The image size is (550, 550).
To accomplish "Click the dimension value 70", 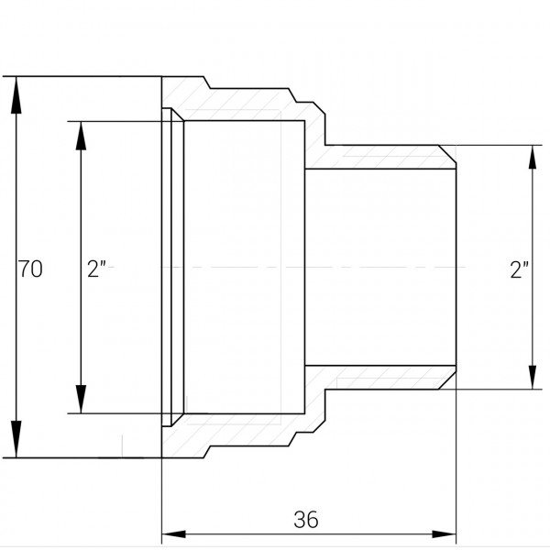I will (30, 269).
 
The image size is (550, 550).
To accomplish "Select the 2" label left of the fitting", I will (97, 269).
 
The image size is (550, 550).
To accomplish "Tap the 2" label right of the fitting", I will (520, 269).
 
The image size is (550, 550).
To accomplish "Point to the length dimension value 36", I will (306, 519).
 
